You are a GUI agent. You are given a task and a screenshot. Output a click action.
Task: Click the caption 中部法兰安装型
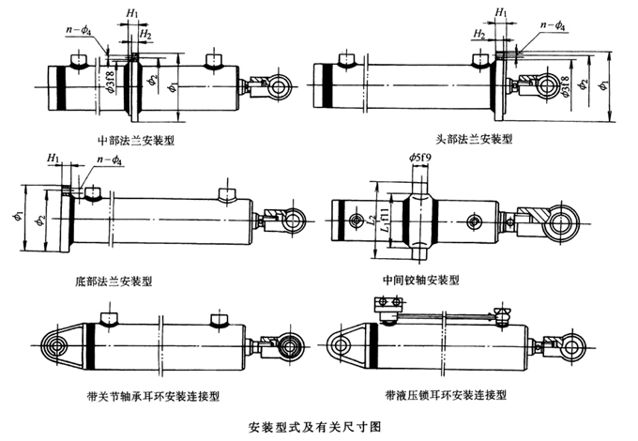142,141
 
